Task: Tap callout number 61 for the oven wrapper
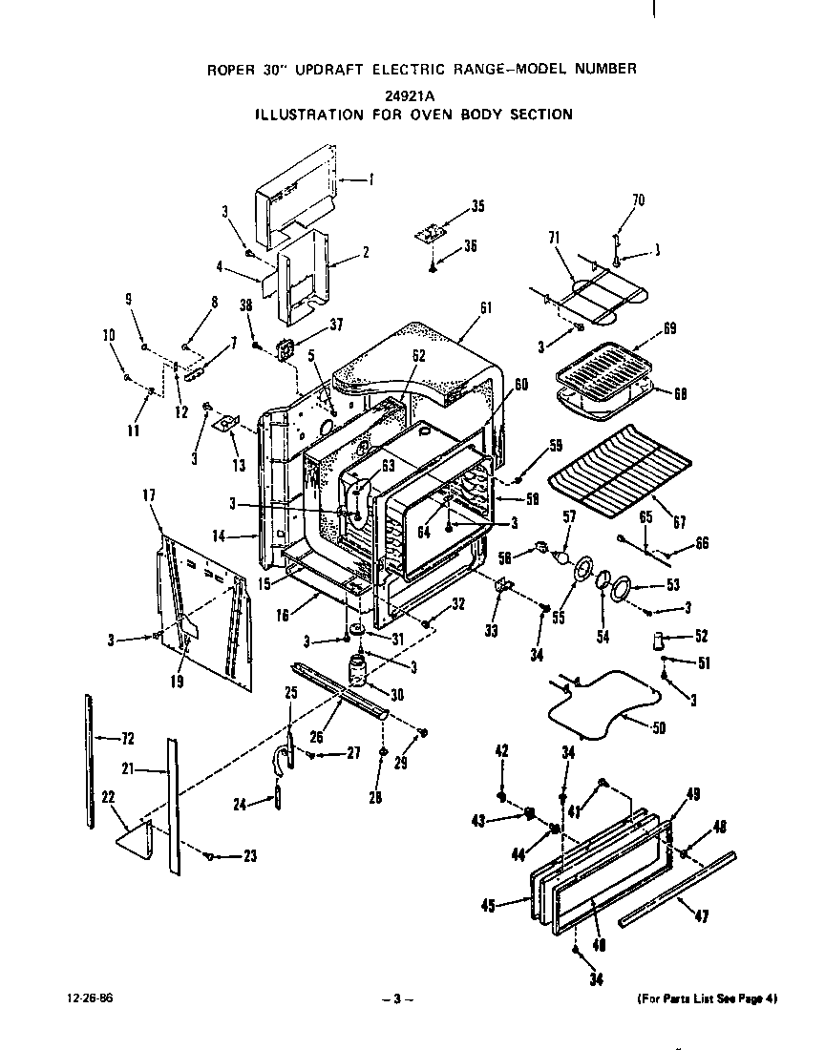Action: (x=486, y=306)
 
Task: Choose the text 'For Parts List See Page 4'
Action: (x=707, y=999)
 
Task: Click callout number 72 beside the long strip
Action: (x=126, y=738)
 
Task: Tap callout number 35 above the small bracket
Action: (x=477, y=206)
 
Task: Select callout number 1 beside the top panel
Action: (x=371, y=178)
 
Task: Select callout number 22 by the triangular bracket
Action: (x=107, y=797)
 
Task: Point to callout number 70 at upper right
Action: (x=639, y=199)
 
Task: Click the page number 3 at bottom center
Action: (x=396, y=999)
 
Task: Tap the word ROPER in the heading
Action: (x=230, y=69)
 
